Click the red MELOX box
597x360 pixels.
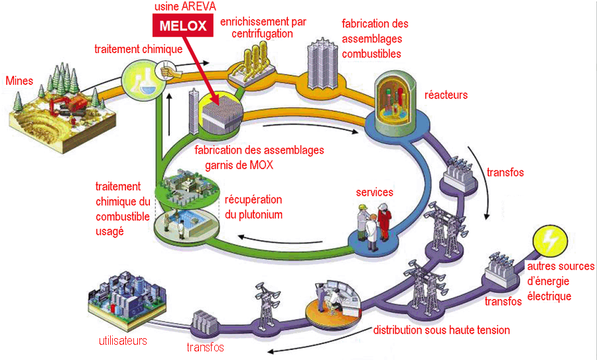click(x=183, y=26)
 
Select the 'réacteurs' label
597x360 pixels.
click(x=446, y=95)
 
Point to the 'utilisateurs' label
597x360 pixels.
click(x=122, y=341)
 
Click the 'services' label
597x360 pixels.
click(x=374, y=192)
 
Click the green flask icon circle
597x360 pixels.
click(x=141, y=80)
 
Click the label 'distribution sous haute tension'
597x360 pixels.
click(x=441, y=330)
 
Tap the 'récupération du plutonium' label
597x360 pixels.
click(x=253, y=207)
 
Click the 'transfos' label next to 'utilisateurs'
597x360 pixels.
click(x=204, y=347)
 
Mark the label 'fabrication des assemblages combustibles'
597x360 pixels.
click(x=375, y=38)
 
